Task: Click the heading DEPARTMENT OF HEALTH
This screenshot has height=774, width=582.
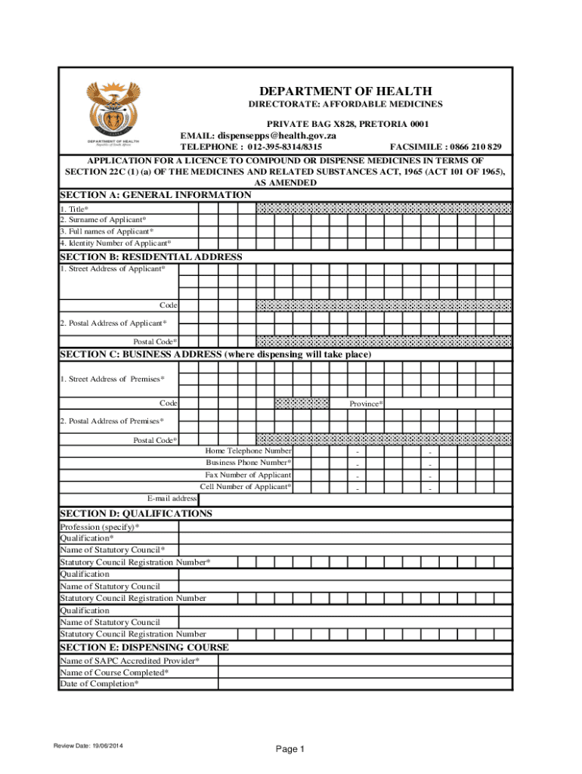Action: [345, 91]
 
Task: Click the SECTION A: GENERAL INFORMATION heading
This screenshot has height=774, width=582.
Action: [156, 195]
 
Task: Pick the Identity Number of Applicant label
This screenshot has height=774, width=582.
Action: [115, 243]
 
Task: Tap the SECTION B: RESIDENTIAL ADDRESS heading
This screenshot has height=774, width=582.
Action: [151, 257]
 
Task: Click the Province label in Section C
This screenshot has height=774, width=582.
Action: [366, 404]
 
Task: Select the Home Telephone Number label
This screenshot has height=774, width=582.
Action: [248, 450]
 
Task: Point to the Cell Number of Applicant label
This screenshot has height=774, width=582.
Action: [246, 486]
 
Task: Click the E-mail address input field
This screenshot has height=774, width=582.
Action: [355, 498]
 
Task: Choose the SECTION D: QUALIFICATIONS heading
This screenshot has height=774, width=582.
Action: [136, 513]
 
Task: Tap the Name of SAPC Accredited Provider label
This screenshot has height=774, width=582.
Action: [130, 661]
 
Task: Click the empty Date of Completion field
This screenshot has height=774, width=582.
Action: [365, 684]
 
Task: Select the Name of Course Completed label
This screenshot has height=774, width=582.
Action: [114, 672]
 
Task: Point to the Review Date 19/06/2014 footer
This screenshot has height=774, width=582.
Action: [88, 747]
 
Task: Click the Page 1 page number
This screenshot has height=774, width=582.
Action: [289, 749]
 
